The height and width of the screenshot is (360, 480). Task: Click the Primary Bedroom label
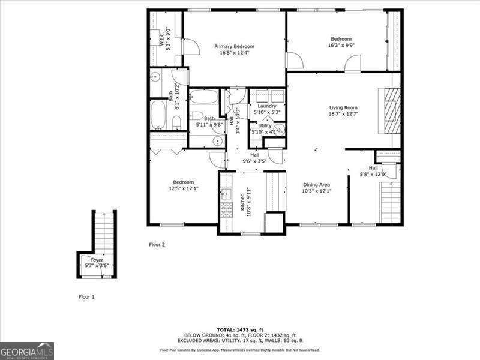click(235, 46)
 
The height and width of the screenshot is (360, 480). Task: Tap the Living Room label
click(343, 108)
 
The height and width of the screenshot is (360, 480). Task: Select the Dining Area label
click(316, 185)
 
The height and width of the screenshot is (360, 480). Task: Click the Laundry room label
click(266, 106)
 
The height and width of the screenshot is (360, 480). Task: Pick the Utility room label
click(265, 125)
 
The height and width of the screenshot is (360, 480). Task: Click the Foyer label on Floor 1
click(97, 260)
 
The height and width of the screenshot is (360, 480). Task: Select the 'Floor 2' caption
click(157, 244)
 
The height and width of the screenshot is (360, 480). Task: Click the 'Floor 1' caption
click(86, 296)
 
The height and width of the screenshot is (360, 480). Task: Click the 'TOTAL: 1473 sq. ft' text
click(239, 329)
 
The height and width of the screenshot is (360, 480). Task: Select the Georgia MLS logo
click(27, 350)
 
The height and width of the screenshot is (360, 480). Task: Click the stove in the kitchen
click(227, 208)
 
